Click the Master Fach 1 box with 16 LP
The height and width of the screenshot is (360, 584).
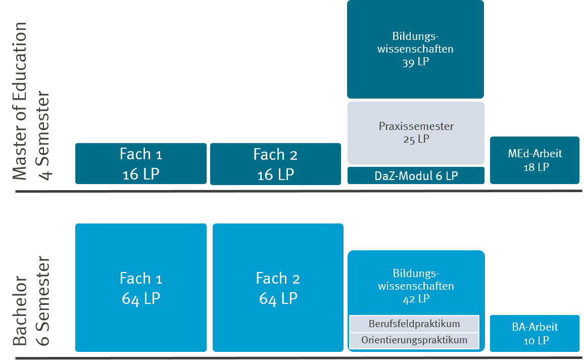point(141,163)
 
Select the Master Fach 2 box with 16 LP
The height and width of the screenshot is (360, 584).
point(275,163)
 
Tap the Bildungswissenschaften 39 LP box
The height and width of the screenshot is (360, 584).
point(415,49)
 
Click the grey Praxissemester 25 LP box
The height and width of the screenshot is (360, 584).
point(415,132)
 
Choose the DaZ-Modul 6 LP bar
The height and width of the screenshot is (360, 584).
point(415,176)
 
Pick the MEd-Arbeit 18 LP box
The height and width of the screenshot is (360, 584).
point(534,160)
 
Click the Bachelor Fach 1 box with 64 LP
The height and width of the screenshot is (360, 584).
point(141,287)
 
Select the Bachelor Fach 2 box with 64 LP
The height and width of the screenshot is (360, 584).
point(278,287)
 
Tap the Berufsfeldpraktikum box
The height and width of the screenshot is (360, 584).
point(414,324)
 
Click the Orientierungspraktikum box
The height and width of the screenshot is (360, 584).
point(414,340)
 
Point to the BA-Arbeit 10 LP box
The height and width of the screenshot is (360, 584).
point(534,333)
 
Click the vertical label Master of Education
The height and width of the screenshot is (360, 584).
point(20,101)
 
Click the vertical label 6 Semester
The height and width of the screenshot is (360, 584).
point(43,301)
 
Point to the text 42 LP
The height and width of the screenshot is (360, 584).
point(416,299)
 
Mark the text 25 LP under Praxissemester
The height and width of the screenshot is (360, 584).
point(416,139)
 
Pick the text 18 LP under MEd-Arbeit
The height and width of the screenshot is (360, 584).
point(536,167)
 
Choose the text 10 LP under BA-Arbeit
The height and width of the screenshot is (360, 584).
point(536,340)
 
